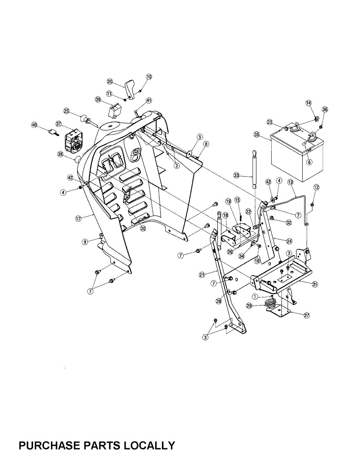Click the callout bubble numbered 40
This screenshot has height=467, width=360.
[x=34, y=125]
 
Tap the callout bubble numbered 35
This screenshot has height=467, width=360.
[x=256, y=135]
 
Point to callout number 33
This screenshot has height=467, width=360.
[x=236, y=176]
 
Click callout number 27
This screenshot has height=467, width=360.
[x=307, y=316]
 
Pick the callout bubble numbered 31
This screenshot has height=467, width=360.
[x=315, y=284]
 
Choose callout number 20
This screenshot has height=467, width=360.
[x=110, y=82]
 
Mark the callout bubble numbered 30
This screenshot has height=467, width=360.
[x=143, y=229]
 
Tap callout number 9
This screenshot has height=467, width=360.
[x=85, y=242]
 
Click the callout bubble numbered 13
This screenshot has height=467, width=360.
[x=290, y=182]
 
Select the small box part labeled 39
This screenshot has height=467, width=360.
[x=114, y=110]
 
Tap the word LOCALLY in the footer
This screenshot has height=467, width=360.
[x=149, y=445]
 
